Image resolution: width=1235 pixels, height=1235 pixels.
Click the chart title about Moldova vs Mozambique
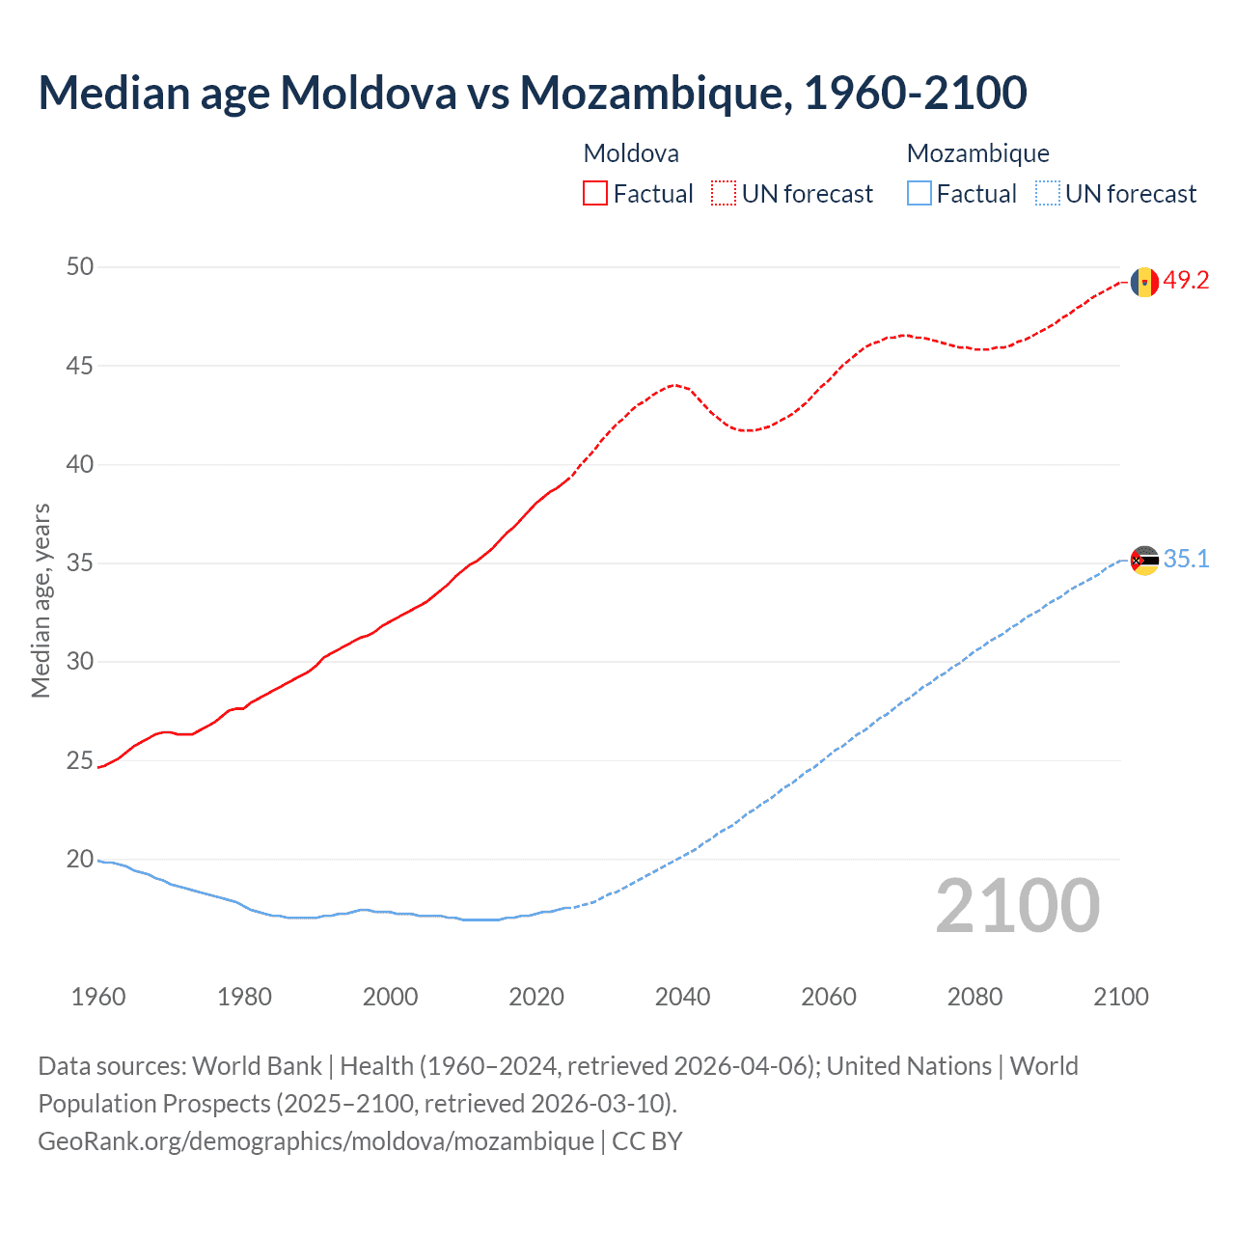coord(533,93)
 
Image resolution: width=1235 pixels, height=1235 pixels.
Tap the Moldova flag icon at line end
coord(1144,282)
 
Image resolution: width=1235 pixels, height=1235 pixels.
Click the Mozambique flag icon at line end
coord(1144,561)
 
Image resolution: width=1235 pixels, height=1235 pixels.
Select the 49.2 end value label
coord(1186,281)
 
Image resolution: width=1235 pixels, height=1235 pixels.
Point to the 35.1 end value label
coord(1186,560)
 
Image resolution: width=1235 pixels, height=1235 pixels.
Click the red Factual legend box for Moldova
coord(595,194)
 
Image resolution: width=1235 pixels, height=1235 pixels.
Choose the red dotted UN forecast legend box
coord(724,194)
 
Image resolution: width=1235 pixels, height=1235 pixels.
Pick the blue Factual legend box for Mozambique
coord(919,194)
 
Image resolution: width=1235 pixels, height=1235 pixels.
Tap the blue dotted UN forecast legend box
coord(1048,194)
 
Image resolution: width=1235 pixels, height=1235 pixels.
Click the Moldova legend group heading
coord(631,153)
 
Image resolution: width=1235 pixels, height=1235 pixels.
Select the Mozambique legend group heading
coord(977,153)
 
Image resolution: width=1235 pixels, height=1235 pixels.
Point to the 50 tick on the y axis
coord(80,266)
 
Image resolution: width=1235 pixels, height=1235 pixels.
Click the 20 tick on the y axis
coord(80,859)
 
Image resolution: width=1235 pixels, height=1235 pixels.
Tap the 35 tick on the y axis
coord(80,563)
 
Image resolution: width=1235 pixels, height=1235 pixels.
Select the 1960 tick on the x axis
coord(98,997)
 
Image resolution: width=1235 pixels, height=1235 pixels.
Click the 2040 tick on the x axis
coord(682,997)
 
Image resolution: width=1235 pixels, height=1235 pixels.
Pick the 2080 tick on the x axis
coord(974,997)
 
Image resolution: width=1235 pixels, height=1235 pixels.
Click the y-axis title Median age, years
coord(41,600)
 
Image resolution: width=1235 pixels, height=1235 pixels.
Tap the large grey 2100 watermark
coord(1017,906)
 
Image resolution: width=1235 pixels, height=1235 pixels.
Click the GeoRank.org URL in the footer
coord(316,1141)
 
